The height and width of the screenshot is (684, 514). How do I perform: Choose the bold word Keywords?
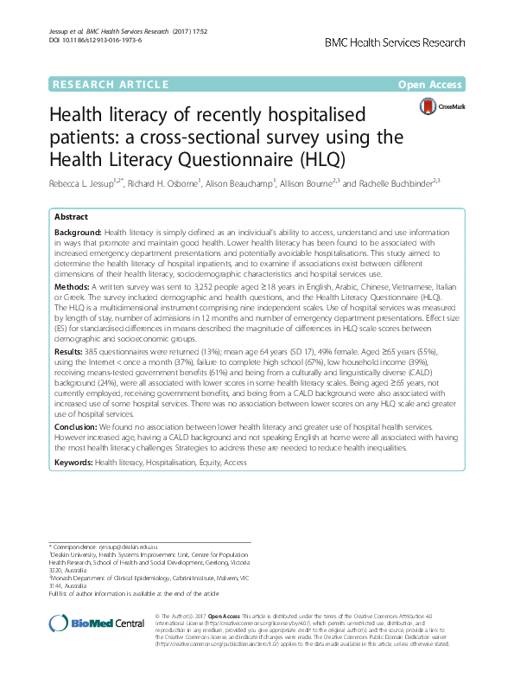(73, 463)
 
